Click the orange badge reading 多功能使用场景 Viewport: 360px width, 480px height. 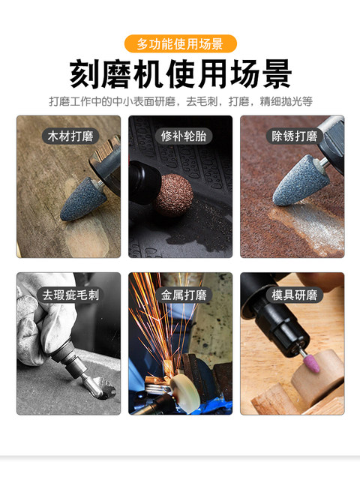point(180,43)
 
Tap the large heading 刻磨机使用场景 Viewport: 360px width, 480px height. point(180,75)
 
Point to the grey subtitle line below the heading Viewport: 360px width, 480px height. point(180,101)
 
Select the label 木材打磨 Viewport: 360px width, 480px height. point(68,136)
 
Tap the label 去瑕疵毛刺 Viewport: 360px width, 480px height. point(68,294)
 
